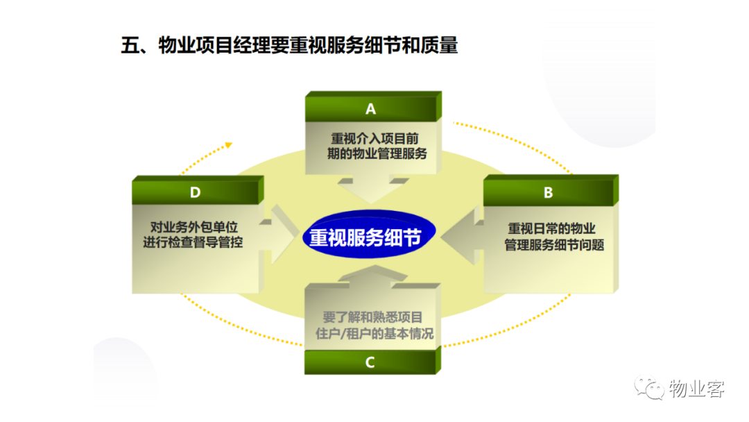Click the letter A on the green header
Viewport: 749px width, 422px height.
[370, 110]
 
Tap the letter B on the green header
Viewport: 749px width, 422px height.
[549, 192]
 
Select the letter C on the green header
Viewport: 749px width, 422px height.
[370, 363]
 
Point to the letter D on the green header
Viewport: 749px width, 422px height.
[195, 192]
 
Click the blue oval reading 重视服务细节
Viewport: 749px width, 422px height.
[369, 235]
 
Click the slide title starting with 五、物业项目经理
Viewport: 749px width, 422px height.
[289, 45]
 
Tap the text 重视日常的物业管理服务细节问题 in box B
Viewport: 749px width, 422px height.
[554, 237]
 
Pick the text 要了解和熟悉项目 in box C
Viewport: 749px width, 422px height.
[372, 317]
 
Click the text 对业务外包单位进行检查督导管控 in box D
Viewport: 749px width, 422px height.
[193, 235]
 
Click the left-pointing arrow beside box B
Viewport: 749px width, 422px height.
[463, 236]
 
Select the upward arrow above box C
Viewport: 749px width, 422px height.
[372, 276]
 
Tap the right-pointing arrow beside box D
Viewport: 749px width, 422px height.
[280, 234]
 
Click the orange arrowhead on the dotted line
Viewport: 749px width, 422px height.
[229, 145]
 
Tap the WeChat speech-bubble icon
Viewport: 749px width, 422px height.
[649, 387]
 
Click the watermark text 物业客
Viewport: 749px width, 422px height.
[696, 389]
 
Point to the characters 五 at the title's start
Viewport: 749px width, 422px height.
[130, 46]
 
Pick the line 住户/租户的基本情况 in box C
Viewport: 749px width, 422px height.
[374, 334]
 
